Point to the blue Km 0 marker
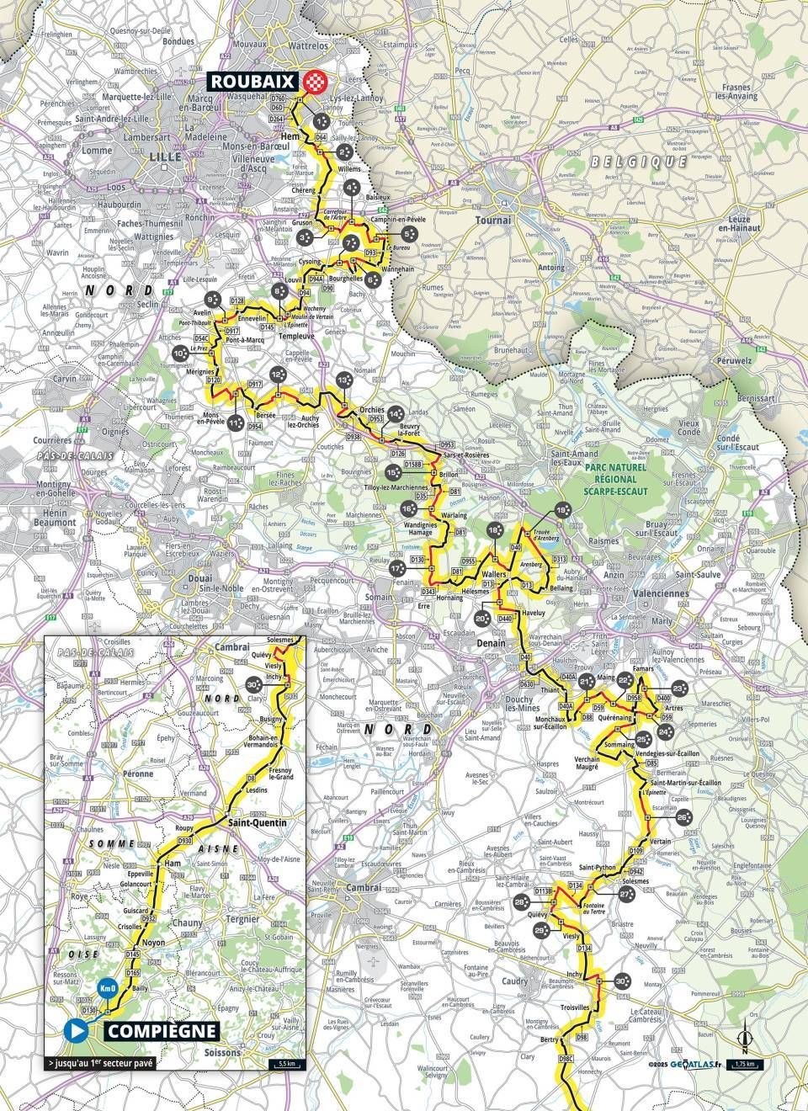pyautogui.click(x=106, y=988)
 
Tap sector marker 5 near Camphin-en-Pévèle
pyautogui.click(x=408, y=234)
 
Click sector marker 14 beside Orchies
pyautogui.click(x=396, y=413)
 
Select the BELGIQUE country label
pyautogui.click(x=639, y=161)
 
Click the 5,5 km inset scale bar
pyautogui.click(x=284, y=1064)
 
